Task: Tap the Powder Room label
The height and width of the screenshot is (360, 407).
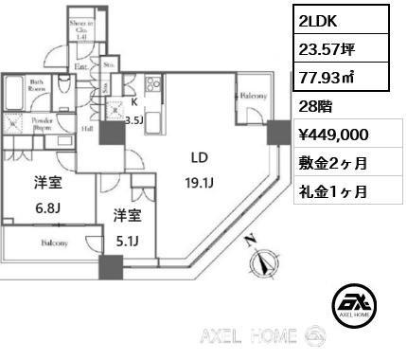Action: tap(43, 124)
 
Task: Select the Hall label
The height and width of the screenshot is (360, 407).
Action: tap(86, 128)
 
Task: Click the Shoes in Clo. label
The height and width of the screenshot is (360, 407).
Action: tap(83, 27)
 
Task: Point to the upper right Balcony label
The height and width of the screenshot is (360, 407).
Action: tap(251, 97)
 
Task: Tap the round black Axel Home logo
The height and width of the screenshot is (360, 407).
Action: tap(356, 305)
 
